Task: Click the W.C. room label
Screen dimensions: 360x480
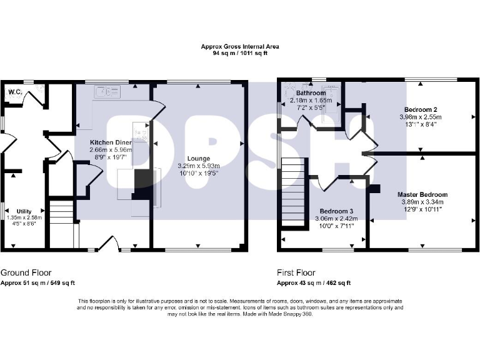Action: [x=15, y=92]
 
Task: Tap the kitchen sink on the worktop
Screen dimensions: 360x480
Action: [x=107, y=92]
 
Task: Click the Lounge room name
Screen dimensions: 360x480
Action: [x=199, y=159]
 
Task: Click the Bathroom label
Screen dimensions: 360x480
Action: [x=311, y=93]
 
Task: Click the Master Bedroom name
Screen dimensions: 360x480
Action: [x=424, y=194]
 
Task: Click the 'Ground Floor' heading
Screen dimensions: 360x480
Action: [x=26, y=273]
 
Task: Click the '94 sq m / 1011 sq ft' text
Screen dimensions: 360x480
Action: [x=240, y=54]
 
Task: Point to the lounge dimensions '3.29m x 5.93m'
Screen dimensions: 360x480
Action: [x=199, y=166]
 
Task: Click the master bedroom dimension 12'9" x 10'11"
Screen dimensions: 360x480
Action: [x=424, y=209]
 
